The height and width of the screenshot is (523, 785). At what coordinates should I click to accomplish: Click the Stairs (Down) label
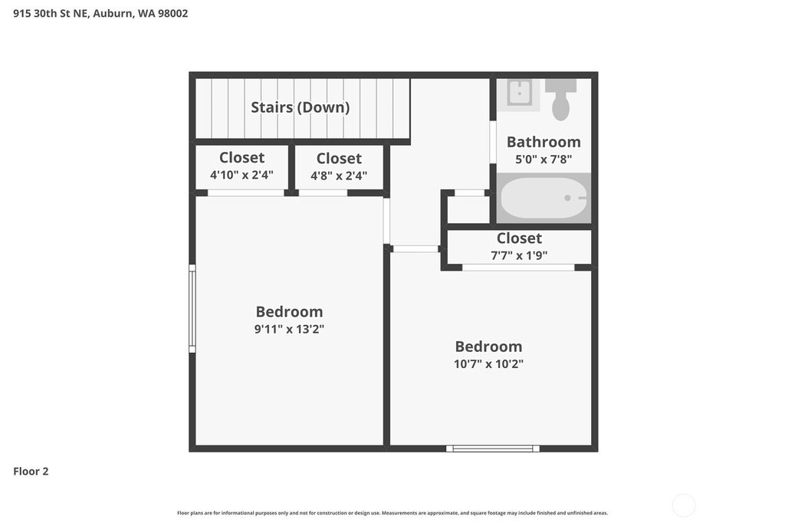300,107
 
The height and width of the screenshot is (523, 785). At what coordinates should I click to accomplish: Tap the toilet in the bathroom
560,99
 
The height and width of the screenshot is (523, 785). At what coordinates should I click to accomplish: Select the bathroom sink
520,94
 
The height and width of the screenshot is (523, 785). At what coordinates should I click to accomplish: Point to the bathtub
544,198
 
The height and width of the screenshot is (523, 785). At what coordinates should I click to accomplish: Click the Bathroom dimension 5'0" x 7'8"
544,160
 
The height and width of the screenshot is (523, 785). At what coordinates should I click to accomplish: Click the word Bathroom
544,142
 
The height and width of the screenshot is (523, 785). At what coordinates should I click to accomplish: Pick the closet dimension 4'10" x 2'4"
241,175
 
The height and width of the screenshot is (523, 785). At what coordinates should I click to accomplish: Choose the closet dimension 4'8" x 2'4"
339,176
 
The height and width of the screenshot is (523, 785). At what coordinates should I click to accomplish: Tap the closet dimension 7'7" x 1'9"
519,255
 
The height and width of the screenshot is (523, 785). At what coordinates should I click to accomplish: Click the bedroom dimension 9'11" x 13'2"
289,329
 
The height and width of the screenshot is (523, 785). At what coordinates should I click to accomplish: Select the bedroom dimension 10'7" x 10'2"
488,363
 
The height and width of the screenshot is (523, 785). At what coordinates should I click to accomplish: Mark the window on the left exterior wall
192,308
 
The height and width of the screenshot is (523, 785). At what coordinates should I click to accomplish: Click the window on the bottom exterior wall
493,449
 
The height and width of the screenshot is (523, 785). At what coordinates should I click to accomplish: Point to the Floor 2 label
31,472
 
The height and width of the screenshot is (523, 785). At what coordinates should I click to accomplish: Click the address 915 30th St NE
50,14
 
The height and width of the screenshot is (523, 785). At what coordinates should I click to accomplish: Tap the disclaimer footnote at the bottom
392,513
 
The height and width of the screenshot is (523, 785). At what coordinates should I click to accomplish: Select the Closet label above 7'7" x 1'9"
519,238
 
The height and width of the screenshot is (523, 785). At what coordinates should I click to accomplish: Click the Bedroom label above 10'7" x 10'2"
488,346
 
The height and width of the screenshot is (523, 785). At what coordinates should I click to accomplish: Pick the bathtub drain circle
567,198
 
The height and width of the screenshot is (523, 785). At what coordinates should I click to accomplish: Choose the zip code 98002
173,14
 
